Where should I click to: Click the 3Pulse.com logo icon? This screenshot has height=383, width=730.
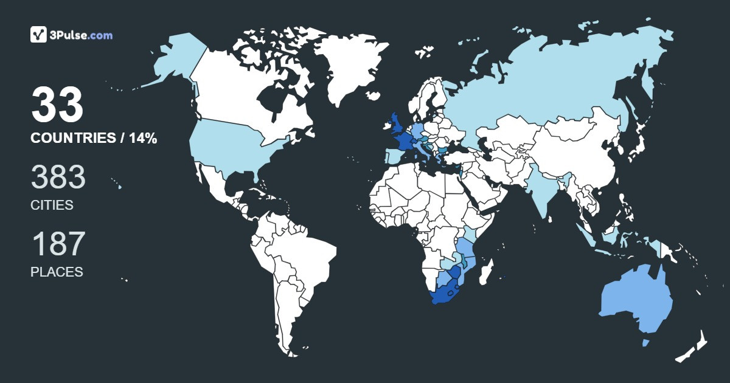[38, 35]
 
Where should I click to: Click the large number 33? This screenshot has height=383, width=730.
[57, 105]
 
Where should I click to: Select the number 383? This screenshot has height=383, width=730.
[58, 178]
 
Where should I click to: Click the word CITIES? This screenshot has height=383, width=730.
[52, 205]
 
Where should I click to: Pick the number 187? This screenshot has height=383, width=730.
[58, 244]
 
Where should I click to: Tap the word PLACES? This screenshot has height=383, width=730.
[57, 272]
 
